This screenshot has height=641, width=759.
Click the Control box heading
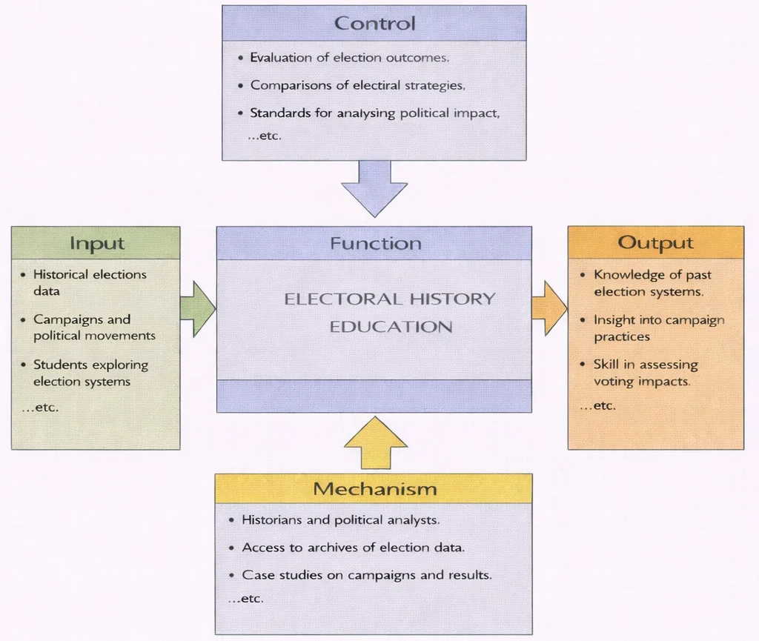click(x=374, y=23)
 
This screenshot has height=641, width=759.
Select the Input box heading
click(x=96, y=243)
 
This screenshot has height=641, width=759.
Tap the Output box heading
click(x=655, y=242)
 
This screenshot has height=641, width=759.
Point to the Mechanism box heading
click(x=374, y=489)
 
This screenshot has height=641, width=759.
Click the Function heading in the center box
click(x=375, y=244)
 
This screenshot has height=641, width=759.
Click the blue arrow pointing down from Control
click(x=374, y=187)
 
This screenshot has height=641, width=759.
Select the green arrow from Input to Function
click(x=196, y=308)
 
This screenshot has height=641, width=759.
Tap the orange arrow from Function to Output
click(x=549, y=308)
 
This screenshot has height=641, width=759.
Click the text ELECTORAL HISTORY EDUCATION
click(x=390, y=313)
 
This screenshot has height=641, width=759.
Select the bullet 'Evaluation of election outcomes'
click(x=349, y=57)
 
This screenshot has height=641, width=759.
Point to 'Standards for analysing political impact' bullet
click(x=375, y=113)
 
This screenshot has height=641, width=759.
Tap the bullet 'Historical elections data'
click(x=89, y=282)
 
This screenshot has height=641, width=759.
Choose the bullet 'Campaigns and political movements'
click(x=94, y=328)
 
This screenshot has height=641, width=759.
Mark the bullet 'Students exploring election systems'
click(x=90, y=373)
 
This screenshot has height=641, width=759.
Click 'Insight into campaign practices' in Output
click(x=658, y=328)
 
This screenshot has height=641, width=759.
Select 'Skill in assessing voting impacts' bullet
click(x=641, y=373)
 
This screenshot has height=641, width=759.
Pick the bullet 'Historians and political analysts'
click(x=340, y=520)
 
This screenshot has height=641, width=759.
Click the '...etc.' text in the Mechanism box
click(x=246, y=599)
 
